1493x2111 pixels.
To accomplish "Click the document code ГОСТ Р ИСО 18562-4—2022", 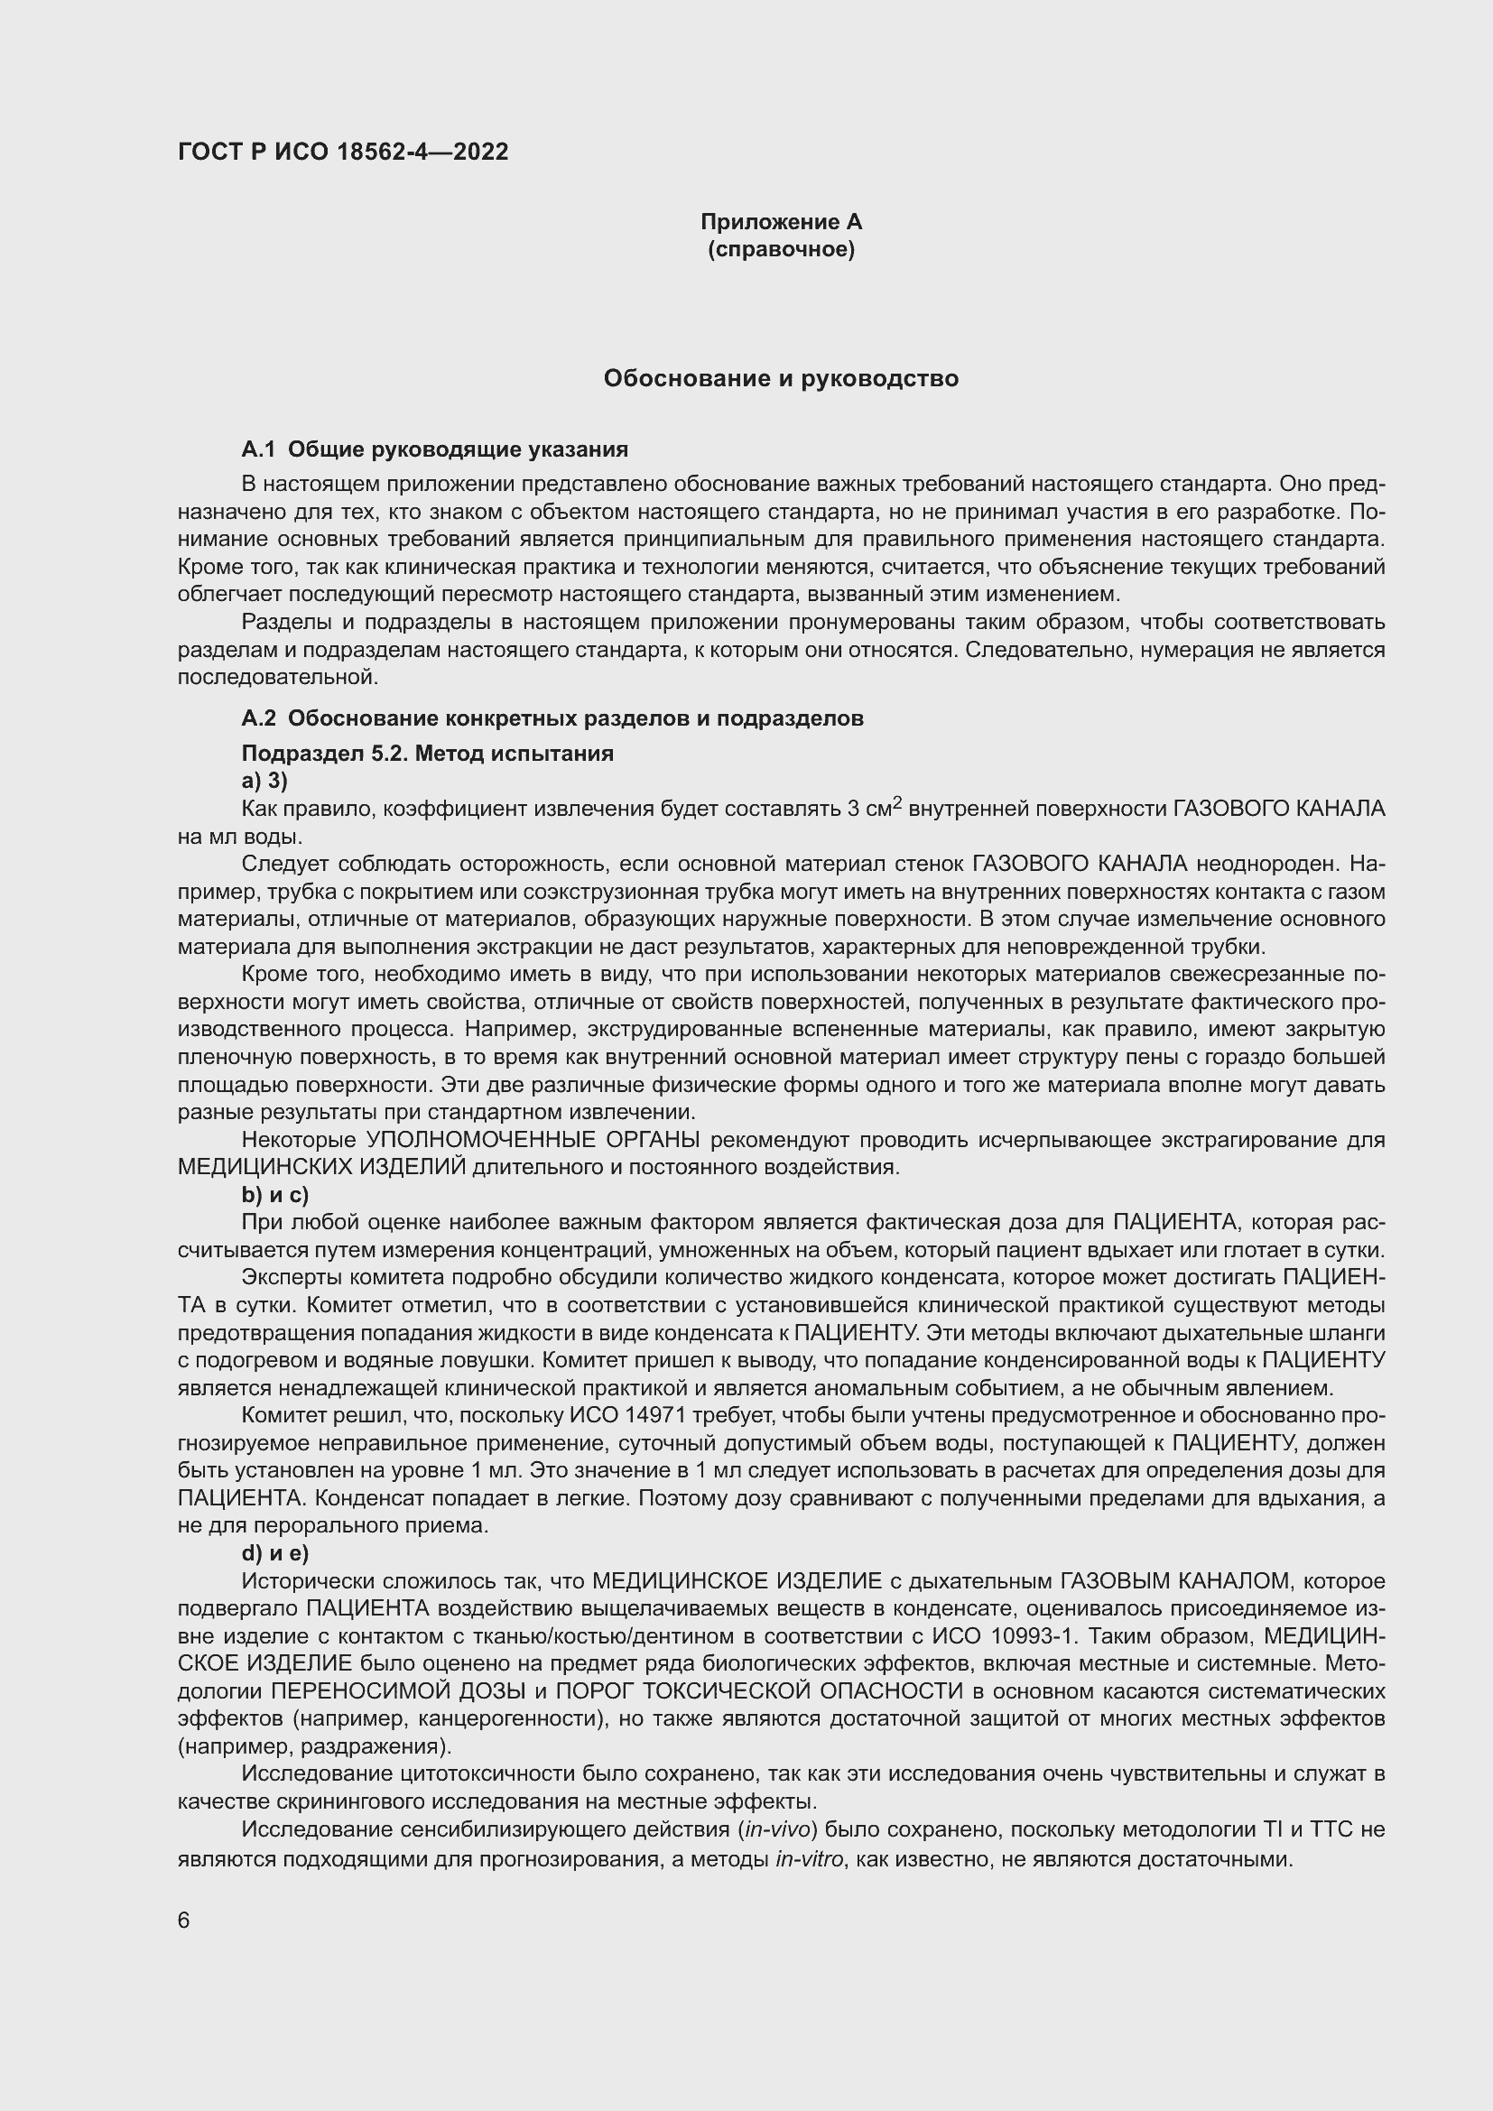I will tap(343, 153).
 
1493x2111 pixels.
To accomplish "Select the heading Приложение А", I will tap(781, 222).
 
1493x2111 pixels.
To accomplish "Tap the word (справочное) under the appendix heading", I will tap(781, 249).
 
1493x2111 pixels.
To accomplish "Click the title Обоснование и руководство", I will tap(781, 379).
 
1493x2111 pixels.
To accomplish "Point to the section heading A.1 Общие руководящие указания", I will tap(434, 449).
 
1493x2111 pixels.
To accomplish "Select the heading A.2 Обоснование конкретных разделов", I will tap(552, 718).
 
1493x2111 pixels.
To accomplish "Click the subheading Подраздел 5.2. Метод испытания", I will tap(427, 754).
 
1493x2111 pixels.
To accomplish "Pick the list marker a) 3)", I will tap(264, 782).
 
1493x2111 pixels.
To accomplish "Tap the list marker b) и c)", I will tap(274, 1195).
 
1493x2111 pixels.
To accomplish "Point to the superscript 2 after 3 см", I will tap(897, 802).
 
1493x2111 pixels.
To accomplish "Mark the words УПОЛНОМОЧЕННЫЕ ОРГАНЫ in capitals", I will tap(533, 1140).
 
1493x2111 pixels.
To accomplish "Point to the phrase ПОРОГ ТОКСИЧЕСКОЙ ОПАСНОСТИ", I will tap(759, 1691).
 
